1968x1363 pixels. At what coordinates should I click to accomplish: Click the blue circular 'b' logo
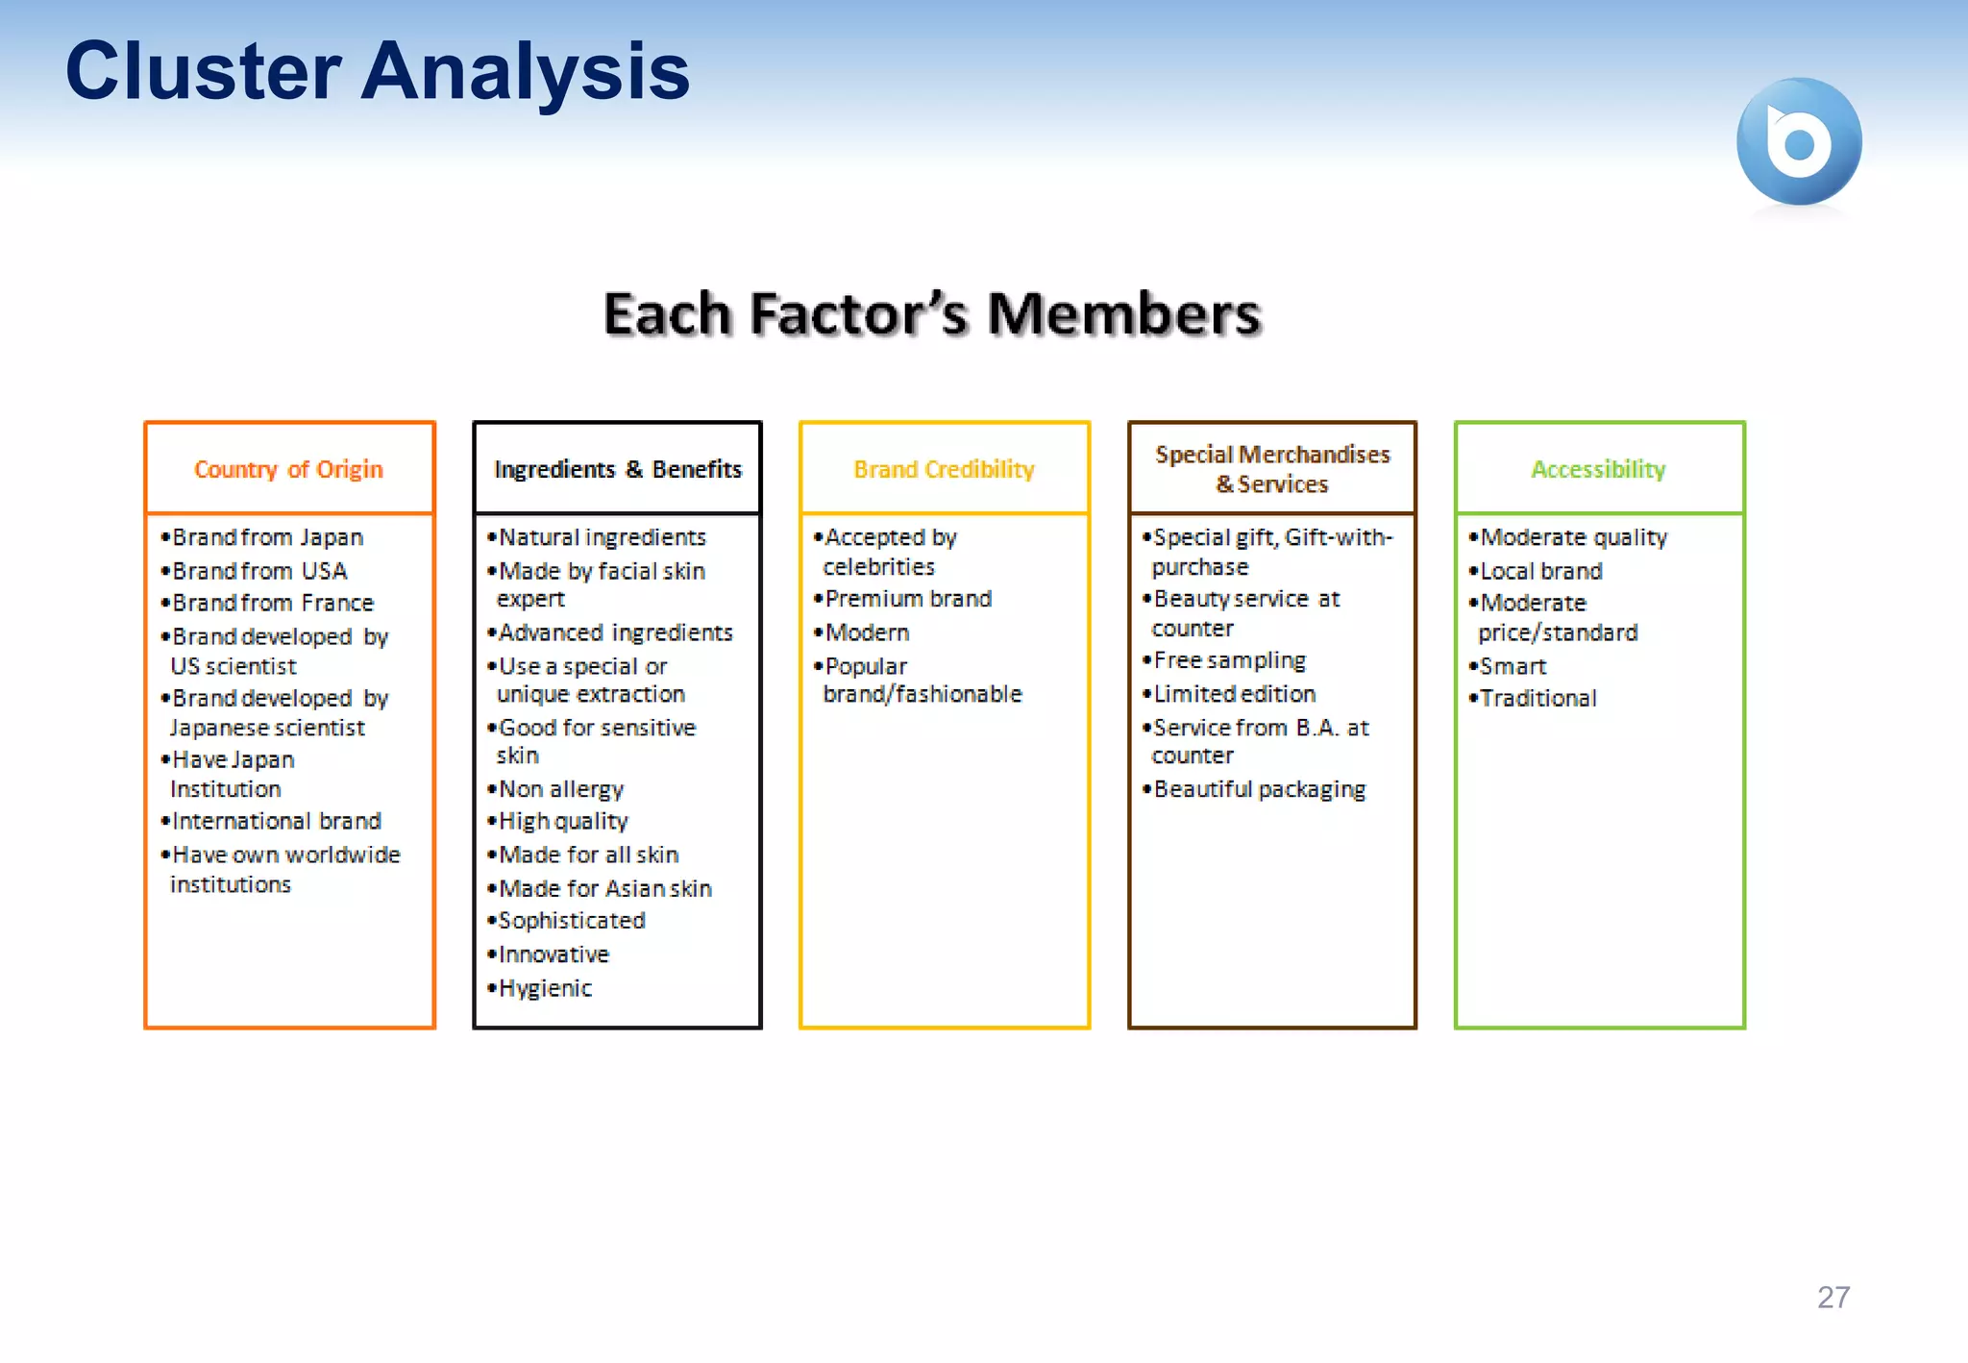point(1798,141)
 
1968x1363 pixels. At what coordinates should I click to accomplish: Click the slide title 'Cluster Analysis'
point(377,71)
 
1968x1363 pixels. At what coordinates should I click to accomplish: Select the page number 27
point(1833,1297)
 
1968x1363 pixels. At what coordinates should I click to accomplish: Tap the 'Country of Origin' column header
point(288,469)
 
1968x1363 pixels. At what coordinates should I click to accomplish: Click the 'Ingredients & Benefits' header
point(618,469)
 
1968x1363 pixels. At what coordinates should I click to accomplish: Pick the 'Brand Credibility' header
point(944,469)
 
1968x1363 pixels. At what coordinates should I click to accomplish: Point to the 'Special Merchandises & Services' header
point(1272,469)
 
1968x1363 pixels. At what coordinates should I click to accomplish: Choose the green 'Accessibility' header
point(1598,469)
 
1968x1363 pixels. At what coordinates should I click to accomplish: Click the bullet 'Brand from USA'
point(259,571)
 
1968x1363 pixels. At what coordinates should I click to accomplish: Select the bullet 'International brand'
point(277,821)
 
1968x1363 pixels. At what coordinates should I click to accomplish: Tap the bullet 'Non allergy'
point(561,789)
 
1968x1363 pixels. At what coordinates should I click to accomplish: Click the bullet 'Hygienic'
point(545,988)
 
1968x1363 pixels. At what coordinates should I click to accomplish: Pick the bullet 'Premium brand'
point(908,599)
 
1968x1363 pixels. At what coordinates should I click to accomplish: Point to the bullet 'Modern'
point(867,632)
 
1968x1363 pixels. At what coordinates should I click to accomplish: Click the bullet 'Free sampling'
point(1229,660)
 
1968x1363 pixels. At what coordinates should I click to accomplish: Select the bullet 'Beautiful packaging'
point(1259,789)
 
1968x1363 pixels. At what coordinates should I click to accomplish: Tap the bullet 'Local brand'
point(1540,571)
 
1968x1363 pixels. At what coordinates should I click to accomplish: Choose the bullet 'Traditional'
point(1537,699)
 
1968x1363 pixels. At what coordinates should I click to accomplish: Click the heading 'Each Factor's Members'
point(931,314)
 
